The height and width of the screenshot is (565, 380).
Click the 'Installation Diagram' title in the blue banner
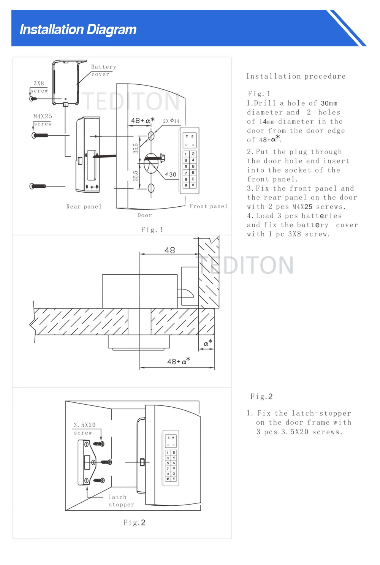coord(78,30)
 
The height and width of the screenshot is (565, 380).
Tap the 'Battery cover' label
coord(103,70)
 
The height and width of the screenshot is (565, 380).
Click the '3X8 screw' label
coord(39,87)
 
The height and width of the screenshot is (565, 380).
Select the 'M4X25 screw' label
coord(43,120)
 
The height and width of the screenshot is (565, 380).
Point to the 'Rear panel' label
coord(84,207)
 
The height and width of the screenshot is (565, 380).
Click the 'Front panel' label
coord(208,206)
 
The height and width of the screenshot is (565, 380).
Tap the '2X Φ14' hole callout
coord(171,121)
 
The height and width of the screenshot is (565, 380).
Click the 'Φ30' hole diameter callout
coord(171,174)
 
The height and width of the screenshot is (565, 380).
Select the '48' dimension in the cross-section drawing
coord(169,250)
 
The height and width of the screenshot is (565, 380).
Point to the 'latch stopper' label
coord(121,501)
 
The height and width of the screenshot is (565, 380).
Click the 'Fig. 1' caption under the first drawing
coord(152,229)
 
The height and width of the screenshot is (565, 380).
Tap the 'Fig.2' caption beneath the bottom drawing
coord(134,523)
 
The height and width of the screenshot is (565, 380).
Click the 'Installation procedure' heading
coord(296,76)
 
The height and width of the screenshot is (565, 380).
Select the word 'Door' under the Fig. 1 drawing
coord(144,215)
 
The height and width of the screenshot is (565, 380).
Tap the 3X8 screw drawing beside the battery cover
coord(33,99)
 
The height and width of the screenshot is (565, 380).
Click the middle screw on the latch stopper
coord(106,462)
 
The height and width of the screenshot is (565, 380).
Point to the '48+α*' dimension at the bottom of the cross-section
coord(178,361)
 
